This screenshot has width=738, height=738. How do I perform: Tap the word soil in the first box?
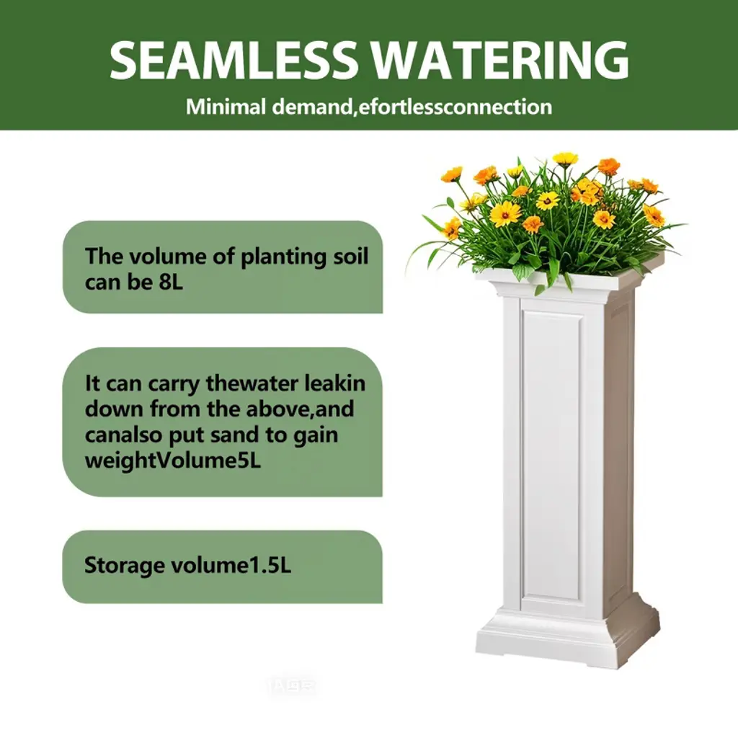[x=350, y=257]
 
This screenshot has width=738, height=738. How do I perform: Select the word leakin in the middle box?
[x=334, y=383]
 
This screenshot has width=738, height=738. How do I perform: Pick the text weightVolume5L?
[x=173, y=461]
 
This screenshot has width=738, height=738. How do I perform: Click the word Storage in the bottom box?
[x=124, y=566]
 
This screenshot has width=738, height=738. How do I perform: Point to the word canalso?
[x=123, y=435]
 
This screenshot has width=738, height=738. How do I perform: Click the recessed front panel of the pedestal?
[x=551, y=456]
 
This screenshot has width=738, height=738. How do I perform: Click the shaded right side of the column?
[x=619, y=452]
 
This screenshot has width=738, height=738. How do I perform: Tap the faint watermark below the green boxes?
[x=293, y=688]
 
